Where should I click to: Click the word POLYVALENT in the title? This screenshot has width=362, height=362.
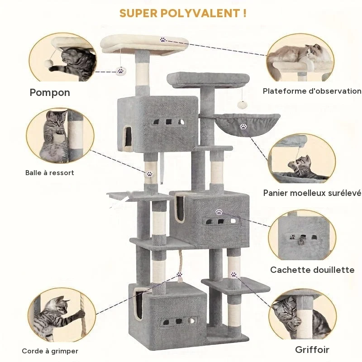tap(200, 13)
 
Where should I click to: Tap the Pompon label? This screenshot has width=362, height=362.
tap(50, 93)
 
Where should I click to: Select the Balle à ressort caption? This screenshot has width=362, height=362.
tap(50, 173)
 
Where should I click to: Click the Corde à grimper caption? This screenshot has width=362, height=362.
tap(50, 351)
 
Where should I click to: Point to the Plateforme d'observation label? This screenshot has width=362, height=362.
tap(312, 91)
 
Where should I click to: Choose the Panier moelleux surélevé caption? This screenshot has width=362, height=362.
tap(312, 193)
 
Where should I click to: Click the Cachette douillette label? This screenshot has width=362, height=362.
tap(312, 270)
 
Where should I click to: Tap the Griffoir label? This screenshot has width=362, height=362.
tap(312, 349)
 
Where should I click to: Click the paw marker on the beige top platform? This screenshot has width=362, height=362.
tap(163, 40)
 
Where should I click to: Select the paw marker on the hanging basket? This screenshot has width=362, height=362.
tap(243, 126)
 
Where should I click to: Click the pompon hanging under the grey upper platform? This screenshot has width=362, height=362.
tap(242, 105)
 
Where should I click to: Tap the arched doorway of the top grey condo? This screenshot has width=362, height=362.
tap(128, 137)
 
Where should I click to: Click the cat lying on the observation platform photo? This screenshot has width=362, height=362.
tap(300, 55)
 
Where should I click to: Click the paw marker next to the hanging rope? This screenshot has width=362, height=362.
tap(179, 275)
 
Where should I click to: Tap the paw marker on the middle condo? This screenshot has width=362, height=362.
tap(219, 211)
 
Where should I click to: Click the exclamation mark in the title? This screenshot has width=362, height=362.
tap(244, 13)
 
